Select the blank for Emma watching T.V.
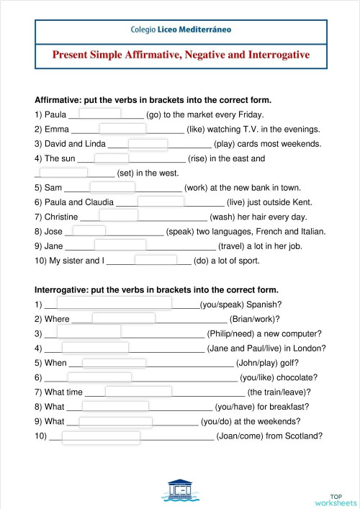tap(122, 128)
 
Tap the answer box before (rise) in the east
tap(112, 158)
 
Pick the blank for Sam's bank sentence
tap(113, 187)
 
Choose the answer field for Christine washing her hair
tap(118, 215)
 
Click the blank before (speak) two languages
tap(89, 230)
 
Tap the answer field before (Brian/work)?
tap(123, 318)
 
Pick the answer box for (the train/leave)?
tap(138, 392)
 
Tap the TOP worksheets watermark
tap(336, 500)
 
